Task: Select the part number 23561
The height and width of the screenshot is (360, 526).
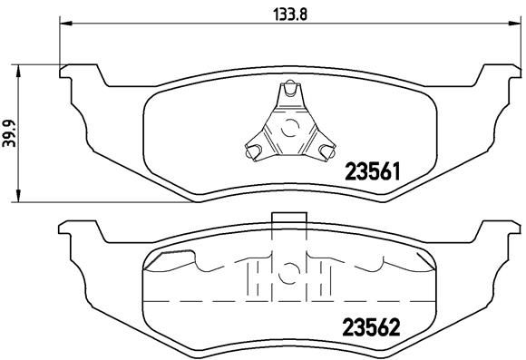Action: pyautogui.click(x=372, y=170)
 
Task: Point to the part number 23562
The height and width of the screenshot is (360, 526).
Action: pyautogui.click(x=373, y=324)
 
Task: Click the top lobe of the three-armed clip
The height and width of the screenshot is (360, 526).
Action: pyautogui.click(x=288, y=92)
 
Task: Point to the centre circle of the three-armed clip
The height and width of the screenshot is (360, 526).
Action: pyautogui.click(x=288, y=127)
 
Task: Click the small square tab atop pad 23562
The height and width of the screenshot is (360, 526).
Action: pyautogui.click(x=287, y=217)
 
